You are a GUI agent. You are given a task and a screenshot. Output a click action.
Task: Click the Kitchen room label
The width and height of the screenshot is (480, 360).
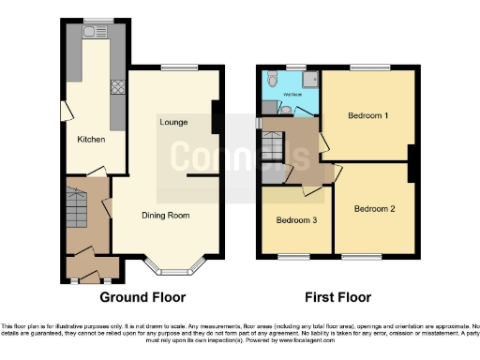tap(91, 140)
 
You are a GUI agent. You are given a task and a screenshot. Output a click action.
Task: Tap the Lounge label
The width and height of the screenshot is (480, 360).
tap(173, 122)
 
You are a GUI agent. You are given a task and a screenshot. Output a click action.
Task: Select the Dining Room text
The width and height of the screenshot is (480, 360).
tap(168, 215)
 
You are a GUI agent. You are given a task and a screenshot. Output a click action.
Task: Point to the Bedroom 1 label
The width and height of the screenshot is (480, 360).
tap(367, 115)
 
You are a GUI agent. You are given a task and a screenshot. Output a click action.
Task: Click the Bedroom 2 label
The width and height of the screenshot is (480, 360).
tap(375, 209)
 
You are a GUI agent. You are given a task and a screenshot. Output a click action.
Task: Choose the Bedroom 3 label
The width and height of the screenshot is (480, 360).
tap(296, 220)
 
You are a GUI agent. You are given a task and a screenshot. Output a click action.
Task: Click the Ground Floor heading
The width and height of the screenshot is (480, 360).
tap(142, 297)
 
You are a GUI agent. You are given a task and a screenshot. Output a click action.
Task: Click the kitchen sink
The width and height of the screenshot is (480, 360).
tap(94, 33)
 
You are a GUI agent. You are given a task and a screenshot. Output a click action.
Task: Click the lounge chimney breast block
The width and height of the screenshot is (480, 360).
tap(216, 116)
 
